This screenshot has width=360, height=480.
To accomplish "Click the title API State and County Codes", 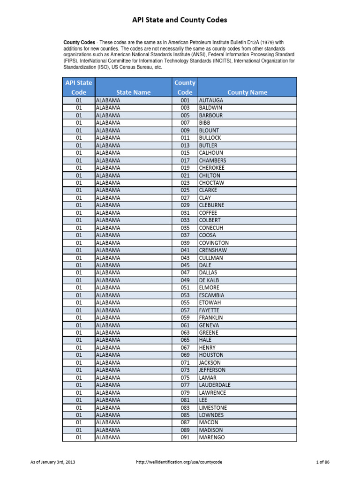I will [180, 20].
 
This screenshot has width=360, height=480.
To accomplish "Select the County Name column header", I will [247, 92].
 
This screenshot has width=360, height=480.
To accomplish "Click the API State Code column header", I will [79, 88].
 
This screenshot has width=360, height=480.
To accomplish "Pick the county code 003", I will [185, 108].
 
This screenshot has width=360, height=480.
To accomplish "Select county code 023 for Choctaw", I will [185, 183].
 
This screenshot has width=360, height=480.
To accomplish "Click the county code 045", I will [185, 265].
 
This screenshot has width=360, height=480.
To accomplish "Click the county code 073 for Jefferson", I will [185, 370].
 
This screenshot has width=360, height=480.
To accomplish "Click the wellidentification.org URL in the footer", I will [179, 462].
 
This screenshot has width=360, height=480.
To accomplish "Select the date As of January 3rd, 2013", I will [52, 462].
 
